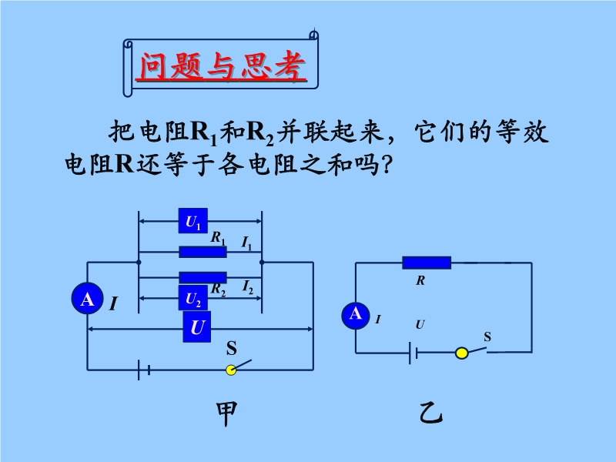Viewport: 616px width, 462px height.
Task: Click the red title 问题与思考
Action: (222, 66)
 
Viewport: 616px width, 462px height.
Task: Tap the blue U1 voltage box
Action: (192, 222)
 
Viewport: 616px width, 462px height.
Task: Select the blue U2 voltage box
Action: (192, 299)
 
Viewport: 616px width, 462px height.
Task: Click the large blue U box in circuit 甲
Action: (197, 327)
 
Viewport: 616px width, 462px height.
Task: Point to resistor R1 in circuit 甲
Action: (203, 251)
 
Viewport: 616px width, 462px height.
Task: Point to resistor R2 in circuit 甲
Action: (203, 277)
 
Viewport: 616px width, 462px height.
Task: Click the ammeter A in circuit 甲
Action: (87, 299)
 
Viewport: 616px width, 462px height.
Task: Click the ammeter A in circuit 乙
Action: (355, 314)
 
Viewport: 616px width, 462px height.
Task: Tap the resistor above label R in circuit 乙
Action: (426, 263)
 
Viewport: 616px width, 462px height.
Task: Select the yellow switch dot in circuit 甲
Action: (231, 370)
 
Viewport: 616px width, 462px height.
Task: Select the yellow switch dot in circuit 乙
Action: (461, 353)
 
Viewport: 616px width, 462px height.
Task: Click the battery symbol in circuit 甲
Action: (142, 370)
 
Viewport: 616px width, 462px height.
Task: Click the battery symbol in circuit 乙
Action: (413, 353)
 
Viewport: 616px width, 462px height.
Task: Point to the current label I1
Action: (246, 244)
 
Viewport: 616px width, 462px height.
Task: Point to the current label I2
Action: (247, 287)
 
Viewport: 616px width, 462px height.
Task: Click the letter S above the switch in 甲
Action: (230, 348)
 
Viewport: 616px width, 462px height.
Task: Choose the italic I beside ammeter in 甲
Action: (113, 304)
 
